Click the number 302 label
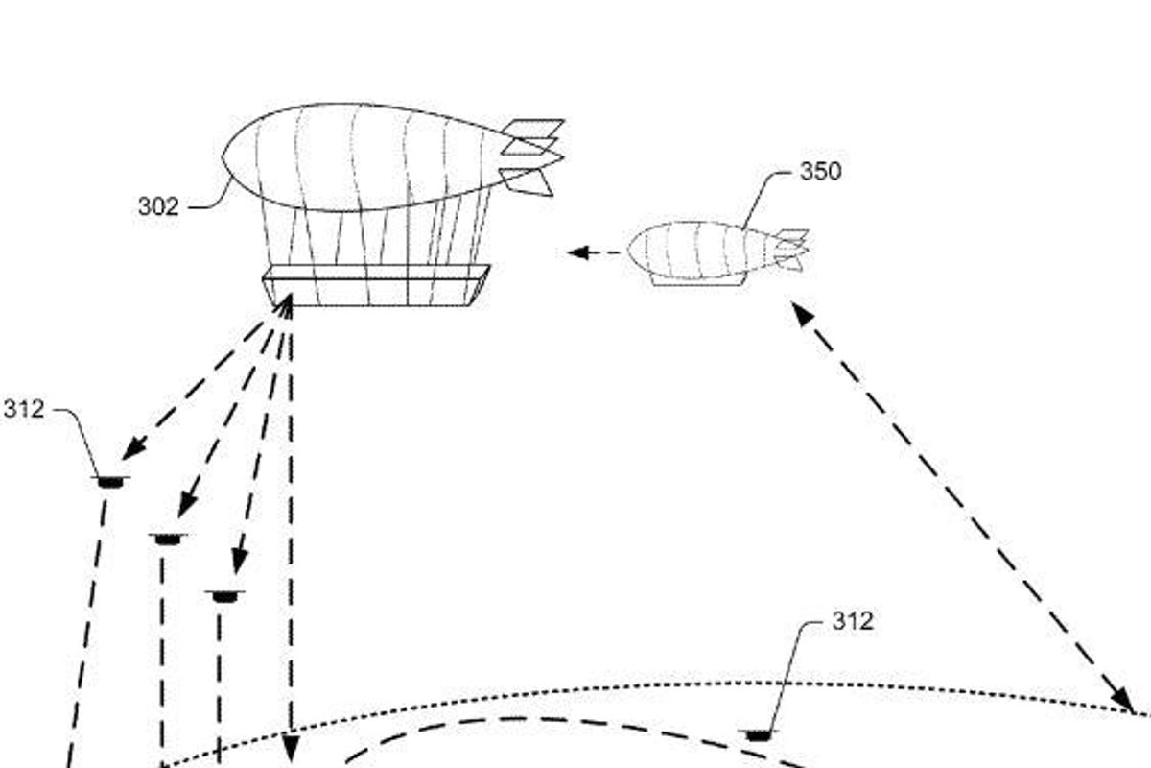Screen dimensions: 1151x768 pos(158,206)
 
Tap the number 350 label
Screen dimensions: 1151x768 pos(820,172)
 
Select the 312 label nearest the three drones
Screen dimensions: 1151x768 pos(23,410)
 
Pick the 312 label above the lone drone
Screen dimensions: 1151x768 pos(852,622)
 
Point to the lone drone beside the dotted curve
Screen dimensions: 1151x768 pos(758,735)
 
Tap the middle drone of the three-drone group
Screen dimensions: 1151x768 pos(169,540)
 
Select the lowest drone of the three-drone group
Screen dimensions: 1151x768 pos(224,597)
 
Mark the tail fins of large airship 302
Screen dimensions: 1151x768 pos(532,154)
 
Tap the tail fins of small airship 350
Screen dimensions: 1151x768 pos(792,248)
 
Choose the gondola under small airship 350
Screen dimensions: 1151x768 pos(695,279)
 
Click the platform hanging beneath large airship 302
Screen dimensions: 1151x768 pos(376,286)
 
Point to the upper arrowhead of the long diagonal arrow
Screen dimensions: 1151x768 pos(800,311)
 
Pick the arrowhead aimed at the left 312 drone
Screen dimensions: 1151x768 pos(132,448)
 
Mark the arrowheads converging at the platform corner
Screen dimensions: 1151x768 pos(285,306)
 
